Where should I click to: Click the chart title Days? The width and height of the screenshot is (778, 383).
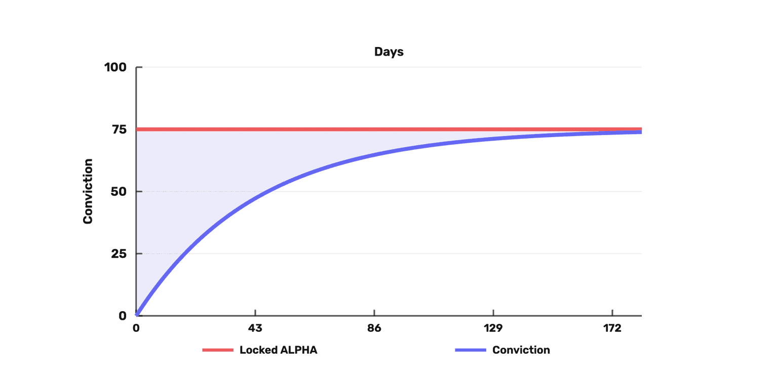[388, 52]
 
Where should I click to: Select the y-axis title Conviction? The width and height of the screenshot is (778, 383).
[88, 191]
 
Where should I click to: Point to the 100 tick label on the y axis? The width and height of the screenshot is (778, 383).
[115, 67]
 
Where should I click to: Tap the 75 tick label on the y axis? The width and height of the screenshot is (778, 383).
[119, 130]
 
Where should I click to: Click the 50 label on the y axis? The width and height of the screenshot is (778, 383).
[119, 191]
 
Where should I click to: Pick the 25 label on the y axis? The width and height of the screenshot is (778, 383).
[119, 253]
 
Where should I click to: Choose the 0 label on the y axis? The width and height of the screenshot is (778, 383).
[123, 316]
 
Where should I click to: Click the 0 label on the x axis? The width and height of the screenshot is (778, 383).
[136, 328]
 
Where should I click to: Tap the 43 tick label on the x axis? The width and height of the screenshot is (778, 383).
[255, 328]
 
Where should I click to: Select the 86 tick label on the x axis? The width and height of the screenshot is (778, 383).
[374, 328]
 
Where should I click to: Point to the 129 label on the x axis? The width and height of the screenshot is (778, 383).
[493, 328]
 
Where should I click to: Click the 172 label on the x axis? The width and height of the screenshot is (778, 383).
[612, 328]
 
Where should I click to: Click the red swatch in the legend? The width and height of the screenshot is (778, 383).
[218, 350]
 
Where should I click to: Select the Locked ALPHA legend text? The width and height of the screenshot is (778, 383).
[279, 350]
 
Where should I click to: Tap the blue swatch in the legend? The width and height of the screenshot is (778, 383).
[471, 350]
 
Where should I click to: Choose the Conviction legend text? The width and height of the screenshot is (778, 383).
[521, 350]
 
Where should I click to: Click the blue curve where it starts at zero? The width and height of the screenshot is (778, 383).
[137, 315]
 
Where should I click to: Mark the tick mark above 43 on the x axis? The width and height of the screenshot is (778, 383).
[255, 313]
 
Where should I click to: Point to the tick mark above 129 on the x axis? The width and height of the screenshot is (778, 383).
[493, 313]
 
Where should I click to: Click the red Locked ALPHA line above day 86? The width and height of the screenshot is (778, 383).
[374, 130]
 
